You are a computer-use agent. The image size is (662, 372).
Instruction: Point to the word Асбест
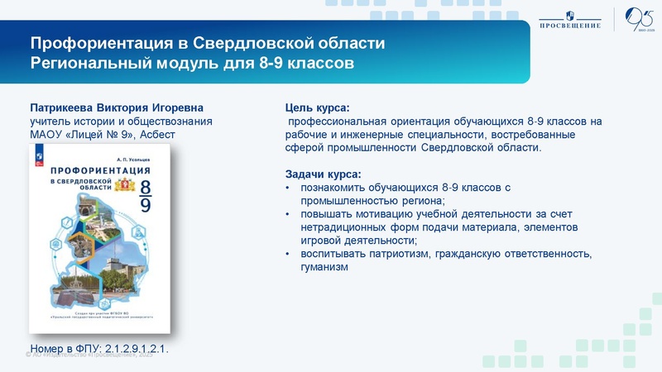161,135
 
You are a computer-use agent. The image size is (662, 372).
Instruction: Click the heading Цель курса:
318,108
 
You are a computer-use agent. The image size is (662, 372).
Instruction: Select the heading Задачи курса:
323,174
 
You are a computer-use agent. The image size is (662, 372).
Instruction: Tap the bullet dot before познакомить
287,188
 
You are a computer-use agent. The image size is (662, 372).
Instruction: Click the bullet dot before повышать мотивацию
287,214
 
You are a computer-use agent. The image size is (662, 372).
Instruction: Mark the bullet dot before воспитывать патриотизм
287,254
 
